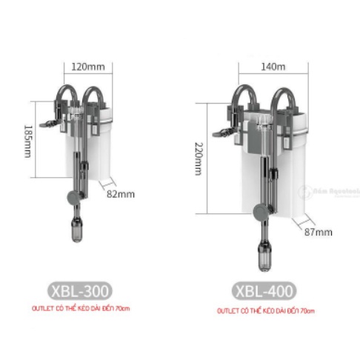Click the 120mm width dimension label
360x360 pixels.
[x=87, y=67]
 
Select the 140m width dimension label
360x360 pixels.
[x=271, y=66]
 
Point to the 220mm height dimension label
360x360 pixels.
[x=199, y=159]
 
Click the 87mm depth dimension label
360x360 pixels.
[x=319, y=232]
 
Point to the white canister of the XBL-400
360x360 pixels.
[x=288, y=170]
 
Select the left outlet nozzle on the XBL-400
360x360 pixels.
[x=220, y=135]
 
